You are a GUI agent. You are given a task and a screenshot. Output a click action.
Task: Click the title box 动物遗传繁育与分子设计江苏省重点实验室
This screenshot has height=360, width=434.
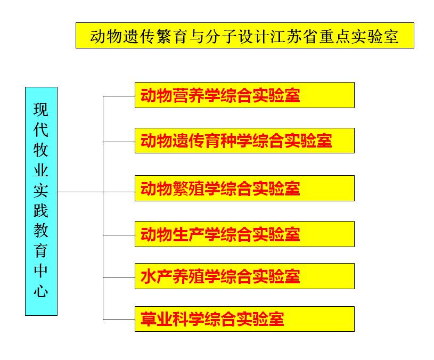point(244,36)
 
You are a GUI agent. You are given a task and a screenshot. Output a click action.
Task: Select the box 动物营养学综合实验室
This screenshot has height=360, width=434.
point(244,95)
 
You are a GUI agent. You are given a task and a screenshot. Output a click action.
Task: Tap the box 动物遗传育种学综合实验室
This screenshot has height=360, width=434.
point(244,141)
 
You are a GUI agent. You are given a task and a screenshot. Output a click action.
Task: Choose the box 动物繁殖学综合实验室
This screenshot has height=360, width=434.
point(244,189)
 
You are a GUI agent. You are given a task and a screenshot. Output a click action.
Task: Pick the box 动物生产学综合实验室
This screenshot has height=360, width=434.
point(244,234)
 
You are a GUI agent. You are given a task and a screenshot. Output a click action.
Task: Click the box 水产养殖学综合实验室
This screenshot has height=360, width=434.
point(244,276)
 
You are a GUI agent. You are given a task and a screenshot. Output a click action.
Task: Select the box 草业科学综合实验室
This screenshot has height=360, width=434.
point(244,319)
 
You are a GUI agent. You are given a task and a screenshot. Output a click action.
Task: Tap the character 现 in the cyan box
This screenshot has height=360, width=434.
point(41,110)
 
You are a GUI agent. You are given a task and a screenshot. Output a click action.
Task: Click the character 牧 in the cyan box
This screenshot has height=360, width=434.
point(41,150)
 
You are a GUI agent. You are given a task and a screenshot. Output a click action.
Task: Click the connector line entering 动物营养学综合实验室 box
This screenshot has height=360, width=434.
point(119,96)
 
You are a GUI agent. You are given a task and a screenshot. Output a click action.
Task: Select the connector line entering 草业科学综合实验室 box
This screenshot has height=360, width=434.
point(119,320)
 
